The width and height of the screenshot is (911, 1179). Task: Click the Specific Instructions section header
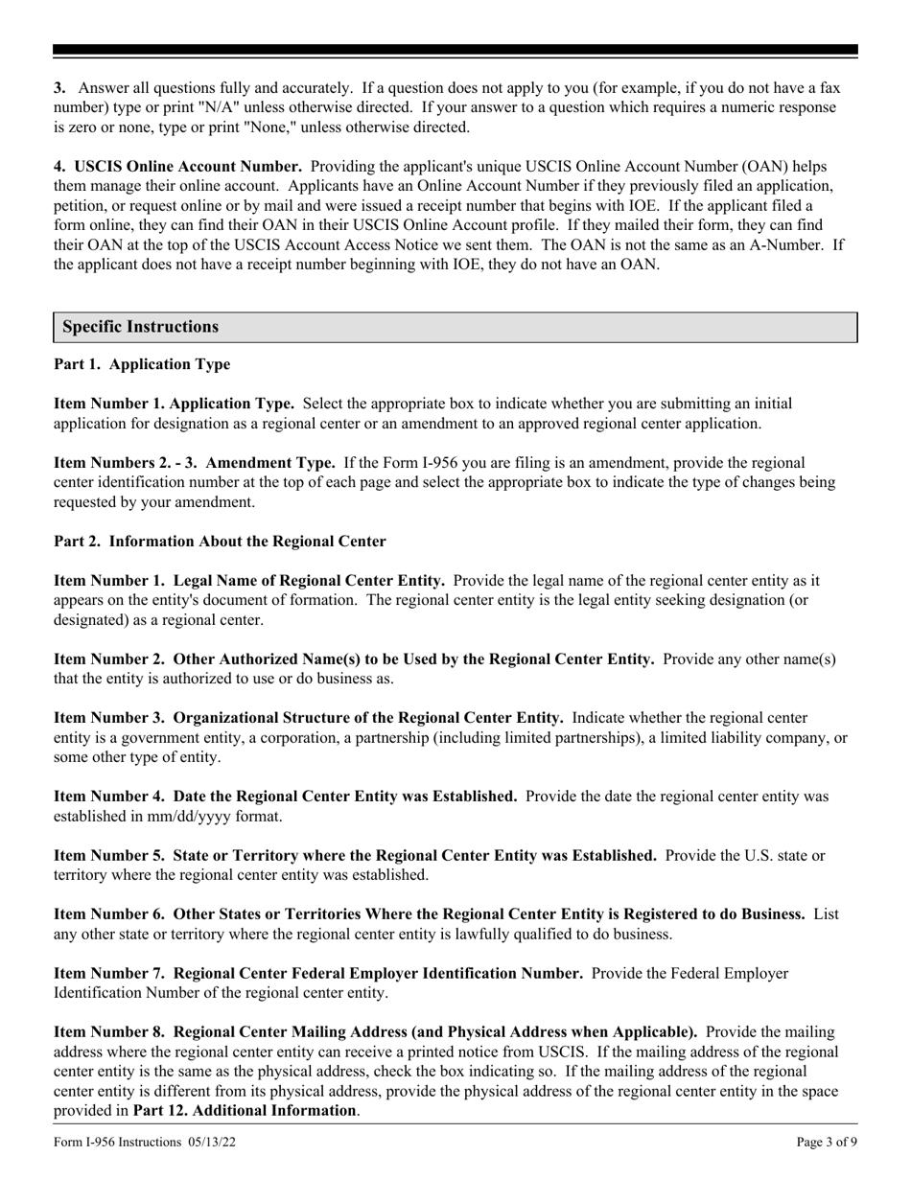click(140, 327)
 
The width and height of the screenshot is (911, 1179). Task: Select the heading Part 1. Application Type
click(142, 365)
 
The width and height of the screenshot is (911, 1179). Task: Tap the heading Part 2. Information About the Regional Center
click(220, 542)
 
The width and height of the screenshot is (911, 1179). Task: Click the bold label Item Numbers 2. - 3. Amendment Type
click(195, 463)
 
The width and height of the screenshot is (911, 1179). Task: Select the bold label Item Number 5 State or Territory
click(356, 855)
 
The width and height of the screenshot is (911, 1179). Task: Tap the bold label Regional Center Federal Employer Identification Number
click(318, 974)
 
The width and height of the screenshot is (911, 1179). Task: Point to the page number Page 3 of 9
click(827, 1142)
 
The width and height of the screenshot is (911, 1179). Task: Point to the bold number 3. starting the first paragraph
click(59, 87)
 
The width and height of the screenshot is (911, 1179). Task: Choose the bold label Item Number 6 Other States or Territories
click(429, 914)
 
